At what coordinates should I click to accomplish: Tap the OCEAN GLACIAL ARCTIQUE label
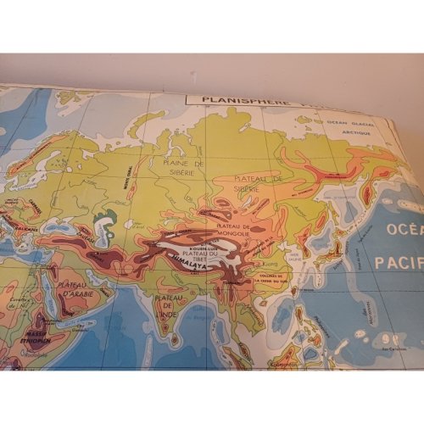coord(347,126)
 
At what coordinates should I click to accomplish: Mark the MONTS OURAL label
coord(127,183)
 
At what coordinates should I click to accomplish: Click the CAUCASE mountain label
coord(81,223)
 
